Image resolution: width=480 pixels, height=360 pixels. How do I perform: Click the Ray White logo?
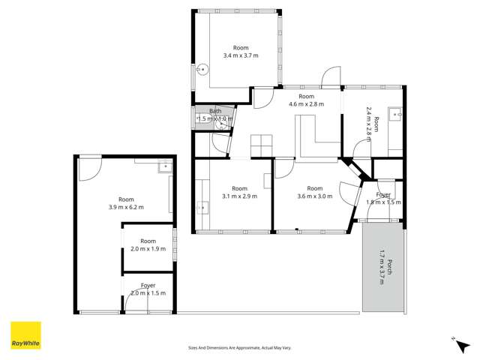coord(25,335)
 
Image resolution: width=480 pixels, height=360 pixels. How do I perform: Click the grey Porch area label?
coord(383,268)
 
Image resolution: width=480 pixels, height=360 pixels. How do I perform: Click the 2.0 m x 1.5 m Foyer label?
coord(148,289)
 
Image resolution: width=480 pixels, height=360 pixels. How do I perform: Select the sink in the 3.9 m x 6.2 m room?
coord(163,169)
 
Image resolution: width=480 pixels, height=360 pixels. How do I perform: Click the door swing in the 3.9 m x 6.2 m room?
coord(89,166)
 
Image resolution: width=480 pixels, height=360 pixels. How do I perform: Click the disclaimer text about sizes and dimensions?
coord(240,347)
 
